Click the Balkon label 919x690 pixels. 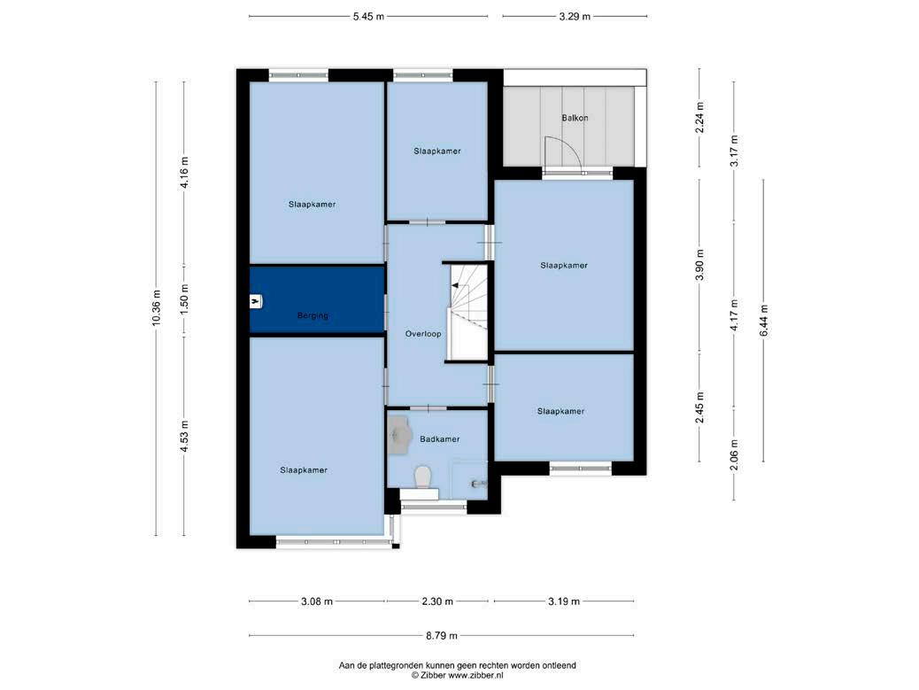point(575,118)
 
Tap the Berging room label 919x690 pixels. point(313,315)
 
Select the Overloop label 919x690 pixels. point(423,334)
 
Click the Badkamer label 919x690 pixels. point(439,438)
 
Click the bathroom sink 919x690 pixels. point(399,434)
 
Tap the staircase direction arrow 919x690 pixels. point(460,285)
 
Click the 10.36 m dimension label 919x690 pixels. point(156,307)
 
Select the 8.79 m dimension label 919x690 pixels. point(441,635)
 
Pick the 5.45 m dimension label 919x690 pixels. point(368,17)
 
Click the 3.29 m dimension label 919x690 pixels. point(575,17)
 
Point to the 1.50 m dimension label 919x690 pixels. point(184,301)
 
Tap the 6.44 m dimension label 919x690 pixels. point(763,322)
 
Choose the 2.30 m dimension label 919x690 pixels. point(437,601)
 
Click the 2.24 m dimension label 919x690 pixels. point(699,118)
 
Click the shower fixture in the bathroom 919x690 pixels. point(479,484)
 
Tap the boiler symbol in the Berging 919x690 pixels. point(256,301)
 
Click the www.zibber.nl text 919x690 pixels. point(475,675)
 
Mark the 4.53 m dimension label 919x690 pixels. point(184,436)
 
